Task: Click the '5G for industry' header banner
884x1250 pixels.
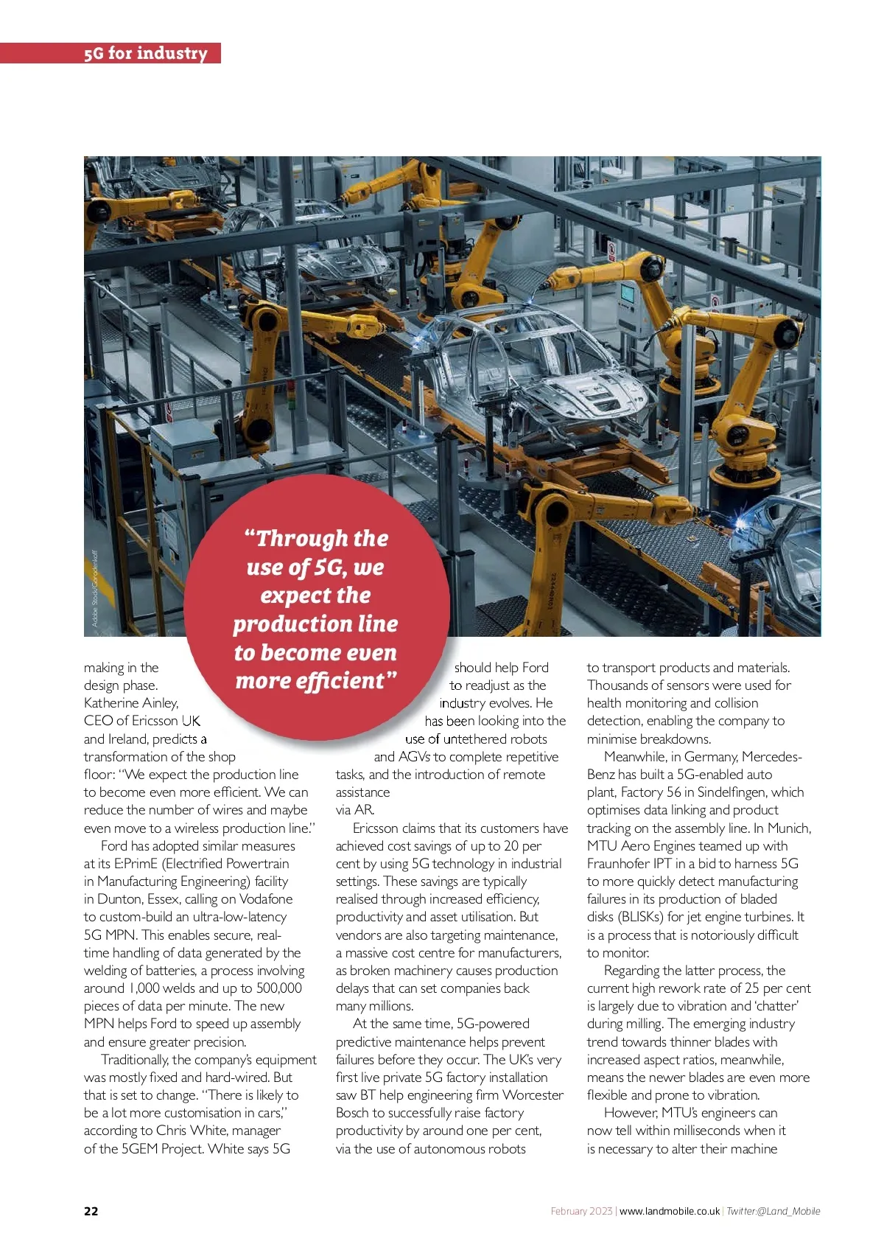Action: click(x=145, y=53)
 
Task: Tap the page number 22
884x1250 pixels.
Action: click(x=91, y=1211)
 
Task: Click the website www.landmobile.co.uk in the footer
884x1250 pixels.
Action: click(x=670, y=1211)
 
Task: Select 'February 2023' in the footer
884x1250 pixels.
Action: click(x=581, y=1211)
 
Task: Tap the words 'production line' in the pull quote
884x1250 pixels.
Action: click(x=315, y=624)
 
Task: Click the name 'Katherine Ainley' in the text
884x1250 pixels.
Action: click(x=131, y=703)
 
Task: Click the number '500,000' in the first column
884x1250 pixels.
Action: click(x=278, y=988)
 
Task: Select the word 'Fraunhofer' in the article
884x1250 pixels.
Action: click(x=618, y=864)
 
